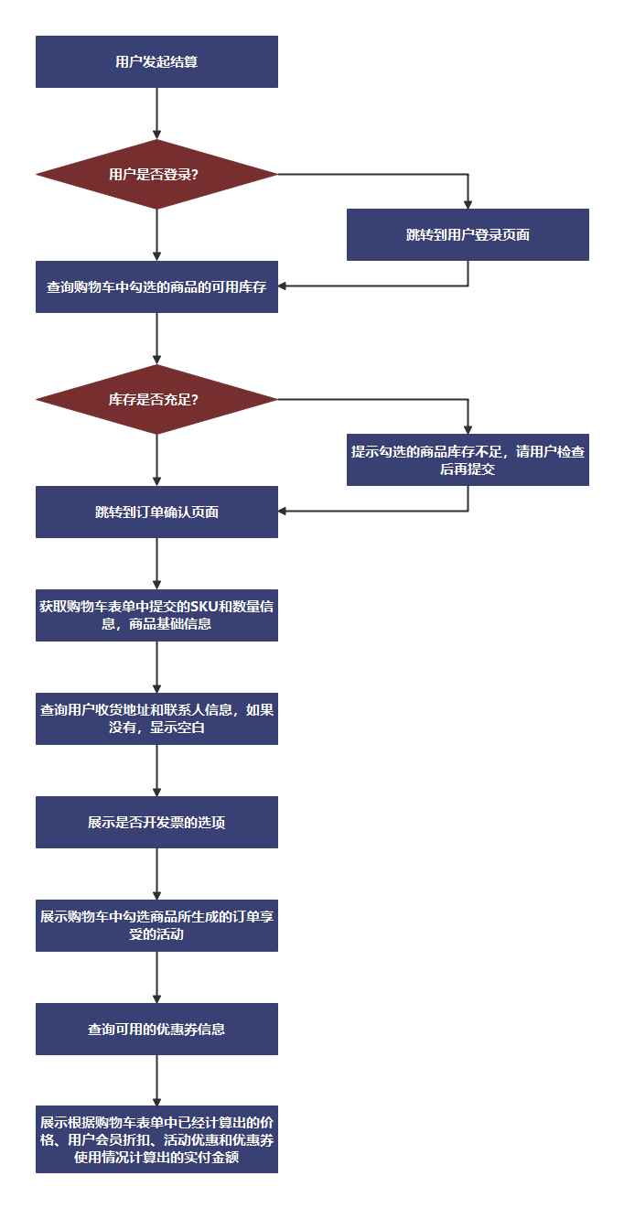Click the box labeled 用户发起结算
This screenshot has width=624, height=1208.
(156, 62)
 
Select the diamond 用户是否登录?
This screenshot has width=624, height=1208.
(156, 174)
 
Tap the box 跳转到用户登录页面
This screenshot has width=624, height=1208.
(468, 235)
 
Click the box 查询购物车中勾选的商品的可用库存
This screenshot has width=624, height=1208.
(156, 286)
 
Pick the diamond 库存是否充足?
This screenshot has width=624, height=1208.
(156, 399)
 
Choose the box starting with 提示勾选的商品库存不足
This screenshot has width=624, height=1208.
(468, 459)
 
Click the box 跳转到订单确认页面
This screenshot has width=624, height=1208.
(156, 512)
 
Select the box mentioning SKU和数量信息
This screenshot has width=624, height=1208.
(156, 615)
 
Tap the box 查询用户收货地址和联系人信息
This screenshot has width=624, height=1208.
(156, 718)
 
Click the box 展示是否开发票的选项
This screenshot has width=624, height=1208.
(156, 822)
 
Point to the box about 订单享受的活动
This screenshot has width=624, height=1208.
(156, 925)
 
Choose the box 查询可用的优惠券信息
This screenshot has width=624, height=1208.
(156, 1029)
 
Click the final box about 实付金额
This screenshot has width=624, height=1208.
(156, 1140)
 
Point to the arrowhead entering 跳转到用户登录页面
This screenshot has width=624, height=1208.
(468, 204)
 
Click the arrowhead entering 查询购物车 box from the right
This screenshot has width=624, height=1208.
(283, 286)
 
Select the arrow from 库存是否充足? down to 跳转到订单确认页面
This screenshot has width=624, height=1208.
(157, 459)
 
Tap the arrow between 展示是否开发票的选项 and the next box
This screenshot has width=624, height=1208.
(157, 874)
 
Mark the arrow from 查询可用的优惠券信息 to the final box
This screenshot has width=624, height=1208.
(157, 1080)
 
